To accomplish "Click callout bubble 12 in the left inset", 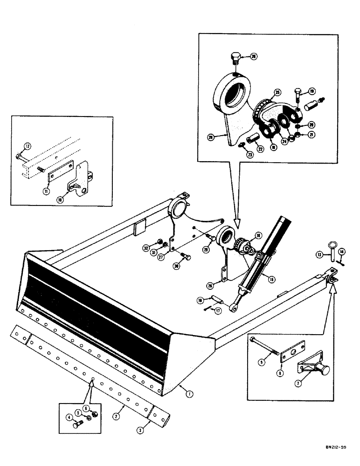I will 27,146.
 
